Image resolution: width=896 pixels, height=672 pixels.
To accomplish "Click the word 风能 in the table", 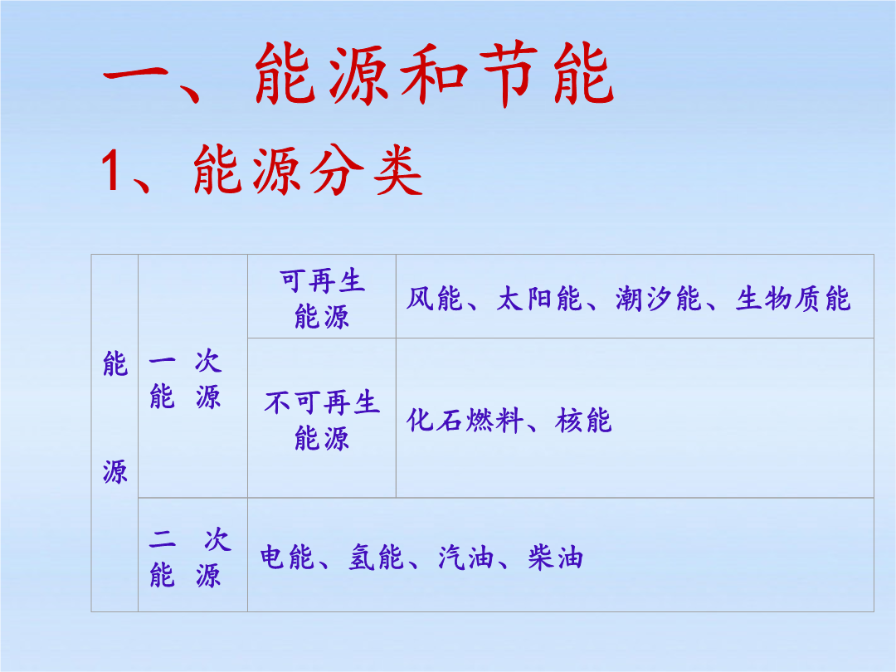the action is [434, 299].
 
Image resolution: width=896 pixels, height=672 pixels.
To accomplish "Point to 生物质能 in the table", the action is [792, 299].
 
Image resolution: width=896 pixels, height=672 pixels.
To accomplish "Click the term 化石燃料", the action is [465, 421].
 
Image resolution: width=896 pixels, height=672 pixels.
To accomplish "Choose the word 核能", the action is [583, 421].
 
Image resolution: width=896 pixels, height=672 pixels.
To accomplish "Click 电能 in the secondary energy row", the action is [287, 558].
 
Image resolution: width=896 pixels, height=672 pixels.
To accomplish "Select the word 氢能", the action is [376, 558].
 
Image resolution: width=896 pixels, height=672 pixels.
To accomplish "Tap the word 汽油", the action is [465, 558].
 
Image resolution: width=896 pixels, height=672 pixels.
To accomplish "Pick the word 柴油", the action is [555, 558].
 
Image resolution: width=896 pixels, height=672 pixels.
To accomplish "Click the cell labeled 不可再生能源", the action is [322, 417].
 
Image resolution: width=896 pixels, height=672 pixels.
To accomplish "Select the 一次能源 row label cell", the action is [192, 376].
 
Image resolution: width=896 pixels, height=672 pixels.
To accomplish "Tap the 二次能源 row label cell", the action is [192, 555].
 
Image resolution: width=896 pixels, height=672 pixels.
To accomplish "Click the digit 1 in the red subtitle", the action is [110, 171].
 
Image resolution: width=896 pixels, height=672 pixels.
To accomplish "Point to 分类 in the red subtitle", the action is [365, 170].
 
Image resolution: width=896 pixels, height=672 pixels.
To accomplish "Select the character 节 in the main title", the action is [508, 75].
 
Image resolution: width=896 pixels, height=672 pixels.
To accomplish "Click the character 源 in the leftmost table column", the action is [114, 472].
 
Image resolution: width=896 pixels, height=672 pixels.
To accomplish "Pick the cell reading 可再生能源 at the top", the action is [322, 296].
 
